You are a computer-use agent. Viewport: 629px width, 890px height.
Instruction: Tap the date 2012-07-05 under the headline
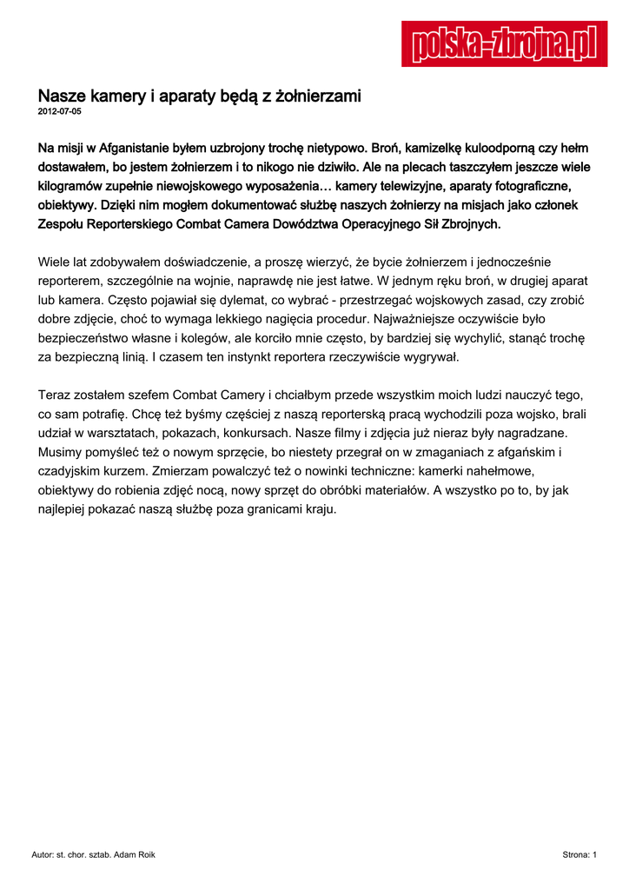[60, 112]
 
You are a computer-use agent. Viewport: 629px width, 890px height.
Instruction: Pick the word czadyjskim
[74, 471]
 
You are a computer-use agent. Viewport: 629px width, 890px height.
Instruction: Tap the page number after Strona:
[594, 855]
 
